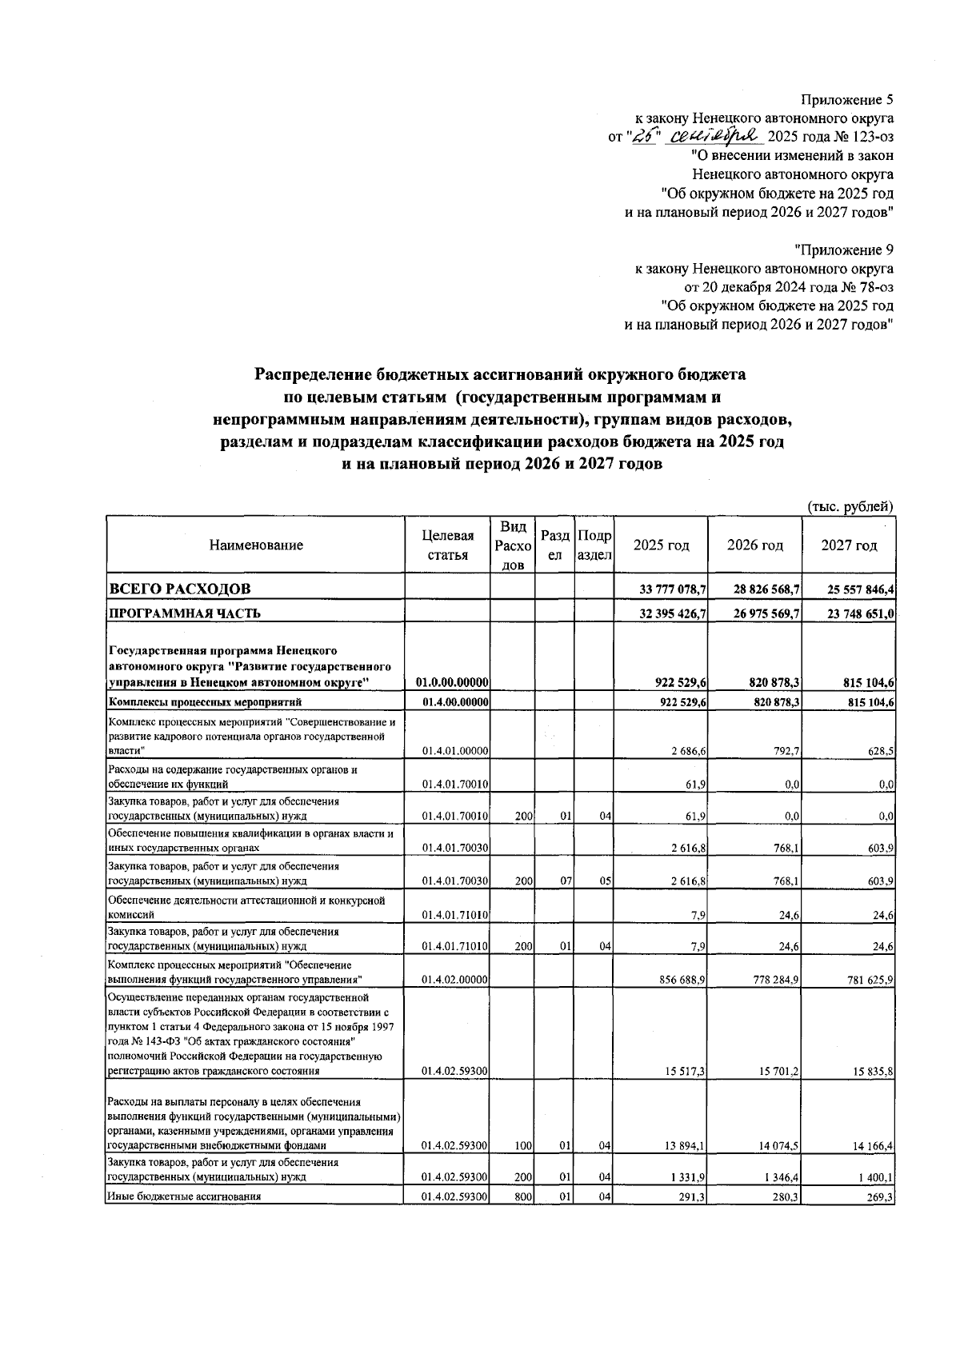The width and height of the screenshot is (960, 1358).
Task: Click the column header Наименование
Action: click(x=256, y=545)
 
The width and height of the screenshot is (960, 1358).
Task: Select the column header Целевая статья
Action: click(x=448, y=545)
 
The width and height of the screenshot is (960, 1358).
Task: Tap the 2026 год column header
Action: click(x=754, y=545)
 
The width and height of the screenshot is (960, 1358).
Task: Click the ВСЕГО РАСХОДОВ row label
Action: click(x=180, y=589)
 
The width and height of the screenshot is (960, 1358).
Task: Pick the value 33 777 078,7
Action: click(x=672, y=590)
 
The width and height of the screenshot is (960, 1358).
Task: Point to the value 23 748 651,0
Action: click(x=861, y=614)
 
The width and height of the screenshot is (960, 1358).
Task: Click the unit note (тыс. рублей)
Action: click(x=850, y=506)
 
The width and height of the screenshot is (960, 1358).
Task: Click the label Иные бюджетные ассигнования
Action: click(x=184, y=1197)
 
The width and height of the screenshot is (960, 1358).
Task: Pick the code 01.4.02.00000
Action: click(x=454, y=979)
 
